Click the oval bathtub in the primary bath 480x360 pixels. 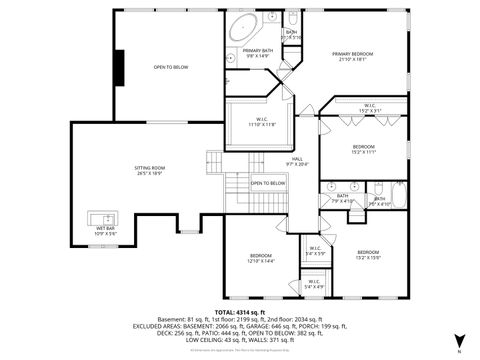[244, 28]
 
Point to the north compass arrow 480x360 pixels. [458, 340]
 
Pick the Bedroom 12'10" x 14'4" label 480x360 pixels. [262, 259]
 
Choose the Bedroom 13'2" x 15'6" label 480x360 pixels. [368, 254]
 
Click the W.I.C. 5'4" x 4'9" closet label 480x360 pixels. [314, 284]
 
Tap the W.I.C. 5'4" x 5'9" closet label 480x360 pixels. [315, 251]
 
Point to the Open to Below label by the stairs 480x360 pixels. [267, 183]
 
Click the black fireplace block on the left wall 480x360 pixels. [119, 67]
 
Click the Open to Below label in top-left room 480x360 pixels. [171, 67]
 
